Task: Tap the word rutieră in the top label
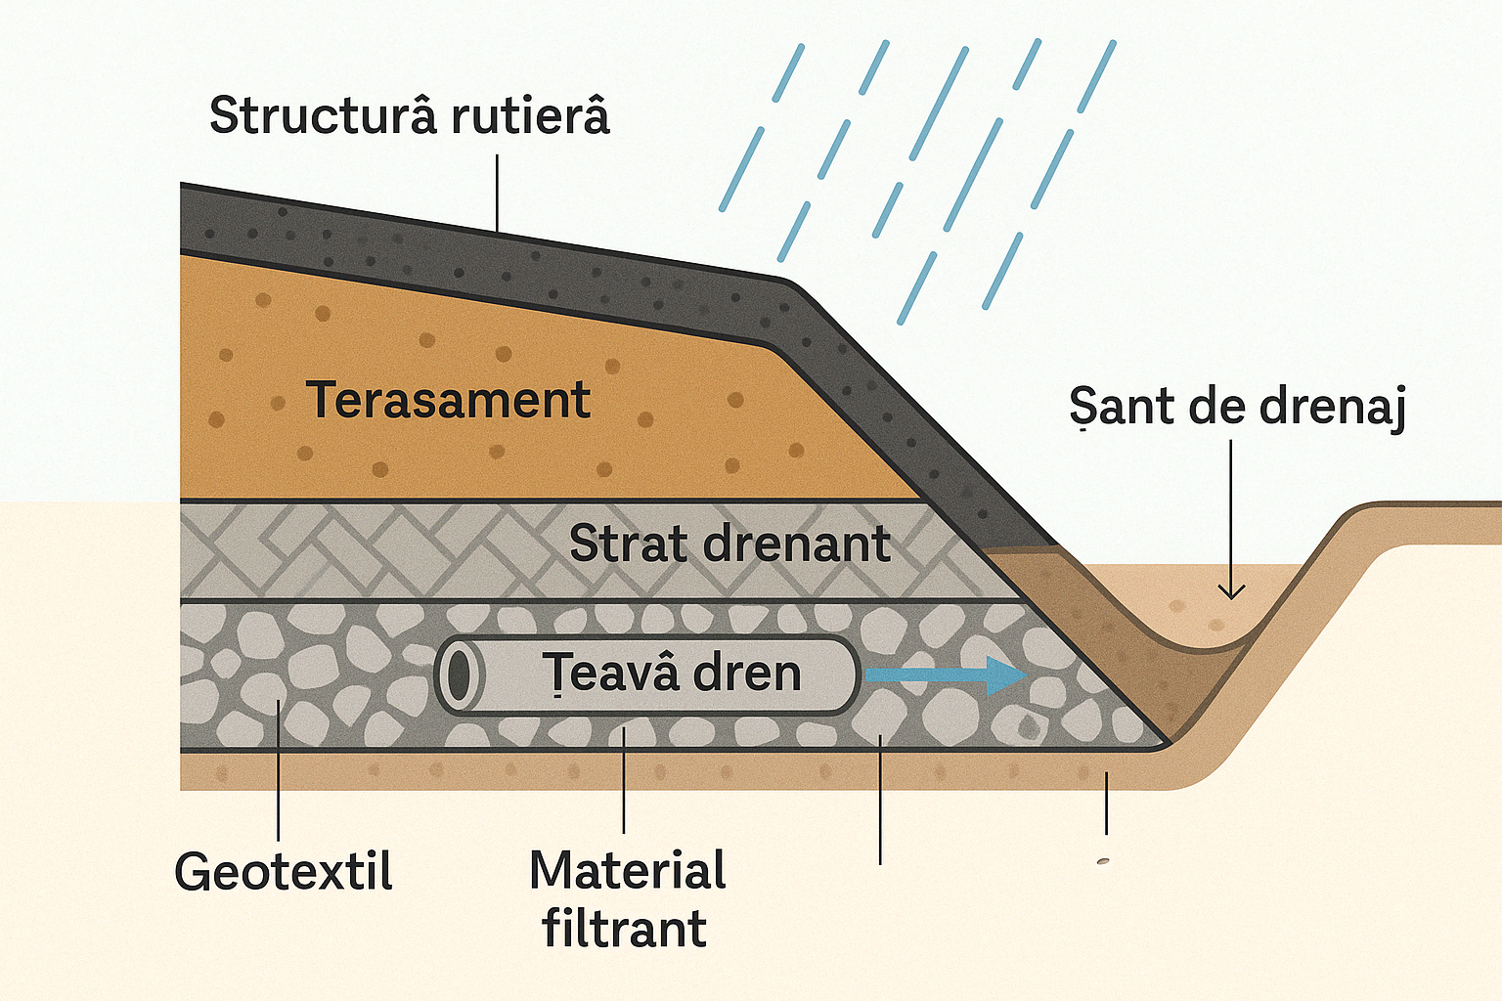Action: click(x=531, y=116)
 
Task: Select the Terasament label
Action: click(x=449, y=400)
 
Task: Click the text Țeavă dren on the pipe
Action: click(x=672, y=674)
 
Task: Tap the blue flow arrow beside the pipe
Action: click(x=945, y=675)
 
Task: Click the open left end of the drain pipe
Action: click(x=458, y=675)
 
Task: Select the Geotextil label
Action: click(x=284, y=871)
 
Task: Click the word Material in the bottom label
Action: click(x=628, y=870)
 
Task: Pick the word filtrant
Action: click(x=625, y=929)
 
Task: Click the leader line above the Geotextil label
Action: click(x=279, y=772)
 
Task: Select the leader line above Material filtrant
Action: click(x=624, y=782)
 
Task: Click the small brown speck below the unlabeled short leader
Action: click(x=1103, y=861)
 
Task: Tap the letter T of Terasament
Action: click(x=325, y=400)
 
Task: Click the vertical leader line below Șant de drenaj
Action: click(x=1231, y=508)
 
